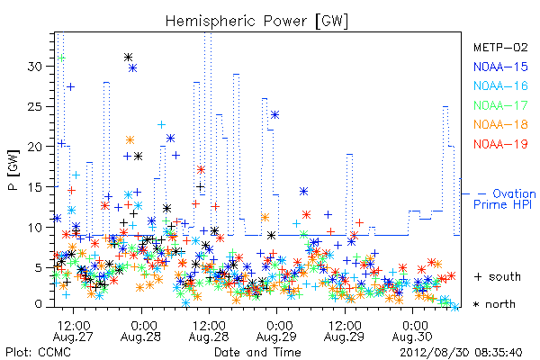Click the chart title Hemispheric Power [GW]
coord(256,22)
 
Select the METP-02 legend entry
coord(500,47)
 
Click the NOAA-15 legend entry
coord(500,67)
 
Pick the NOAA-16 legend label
coord(500,85)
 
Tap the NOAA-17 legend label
coord(500,105)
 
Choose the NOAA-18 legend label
coord(500,124)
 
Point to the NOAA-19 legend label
coord(500,144)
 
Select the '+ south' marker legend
coord(498,276)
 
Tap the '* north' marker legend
coord(494,304)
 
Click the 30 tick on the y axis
coord(35,66)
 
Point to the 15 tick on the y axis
coord(35,187)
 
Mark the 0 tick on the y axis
coord(39,304)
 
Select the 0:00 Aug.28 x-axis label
coord(141,331)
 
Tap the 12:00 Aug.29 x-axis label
coord(345,331)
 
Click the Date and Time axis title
coord(257,353)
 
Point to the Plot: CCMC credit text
coord(38,353)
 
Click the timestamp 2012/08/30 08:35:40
coord(461,353)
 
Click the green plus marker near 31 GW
coord(61,58)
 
